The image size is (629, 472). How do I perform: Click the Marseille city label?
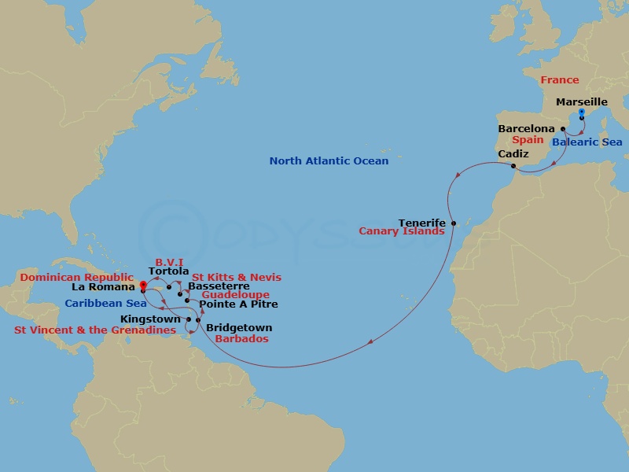581,102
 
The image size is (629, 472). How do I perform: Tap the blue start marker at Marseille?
582,112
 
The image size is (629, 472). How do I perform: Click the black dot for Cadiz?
513,166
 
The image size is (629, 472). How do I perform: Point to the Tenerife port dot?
454,223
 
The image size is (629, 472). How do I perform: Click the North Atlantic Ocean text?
329,161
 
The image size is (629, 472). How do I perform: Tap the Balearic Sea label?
587,142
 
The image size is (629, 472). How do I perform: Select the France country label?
559,80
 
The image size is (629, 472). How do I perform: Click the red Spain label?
528,140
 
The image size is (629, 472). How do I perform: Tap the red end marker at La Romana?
142,286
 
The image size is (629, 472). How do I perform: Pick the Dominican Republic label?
77,278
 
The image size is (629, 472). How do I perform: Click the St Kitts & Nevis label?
237,278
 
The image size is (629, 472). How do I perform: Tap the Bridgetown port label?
239,328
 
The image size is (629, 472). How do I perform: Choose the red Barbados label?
242,339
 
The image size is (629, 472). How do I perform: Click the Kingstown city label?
151,319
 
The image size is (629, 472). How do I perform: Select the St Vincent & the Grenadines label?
95,330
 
